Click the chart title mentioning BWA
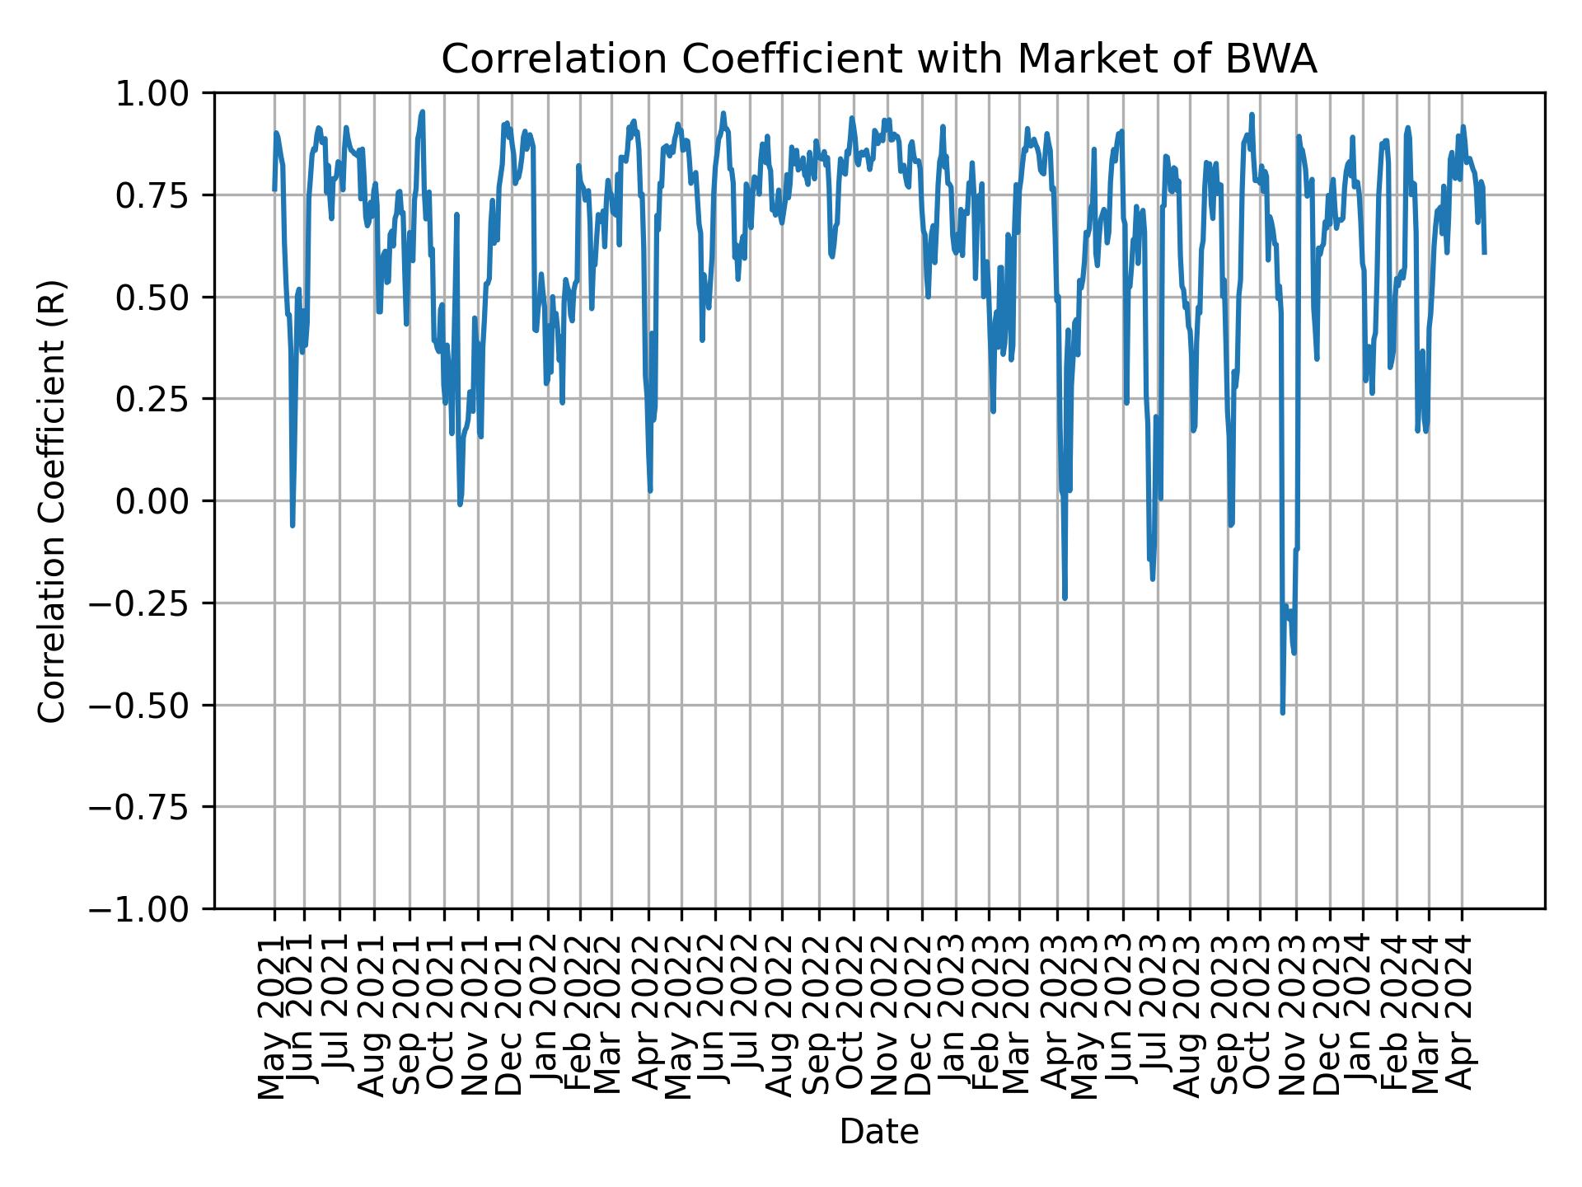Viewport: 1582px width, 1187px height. click(879, 59)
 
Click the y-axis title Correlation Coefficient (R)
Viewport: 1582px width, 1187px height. click(52, 500)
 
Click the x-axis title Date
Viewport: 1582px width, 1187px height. click(879, 1132)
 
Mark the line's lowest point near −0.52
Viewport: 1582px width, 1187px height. click(1283, 713)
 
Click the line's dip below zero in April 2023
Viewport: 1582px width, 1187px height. click(1065, 598)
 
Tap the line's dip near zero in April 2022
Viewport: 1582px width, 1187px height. click(650, 491)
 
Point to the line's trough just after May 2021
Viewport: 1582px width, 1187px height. click(293, 525)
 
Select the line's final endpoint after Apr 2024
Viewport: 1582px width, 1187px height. click(1484, 252)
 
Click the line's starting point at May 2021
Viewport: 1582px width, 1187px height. click(274, 190)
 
